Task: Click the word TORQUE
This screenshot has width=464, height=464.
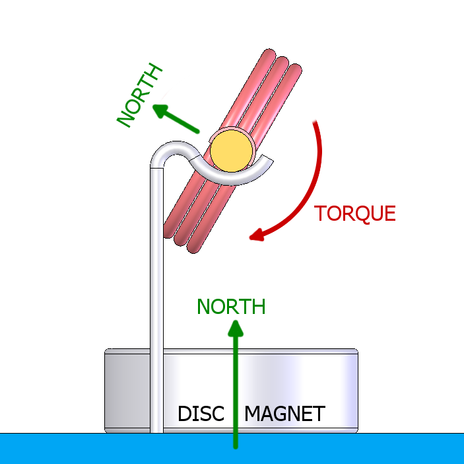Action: click(x=354, y=213)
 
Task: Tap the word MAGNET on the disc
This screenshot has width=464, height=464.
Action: click(x=284, y=414)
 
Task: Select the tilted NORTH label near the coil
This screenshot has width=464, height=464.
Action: click(x=139, y=95)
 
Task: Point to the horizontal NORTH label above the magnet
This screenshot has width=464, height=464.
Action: click(x=231, y=307)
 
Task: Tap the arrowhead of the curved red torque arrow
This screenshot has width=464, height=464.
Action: click(x=258, y=235)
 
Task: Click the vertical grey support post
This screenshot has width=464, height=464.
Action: click(x=156, y=297)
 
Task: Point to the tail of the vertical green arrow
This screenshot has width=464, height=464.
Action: click(x=236, y=445)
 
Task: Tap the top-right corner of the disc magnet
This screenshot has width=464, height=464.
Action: click(x=356, y=350)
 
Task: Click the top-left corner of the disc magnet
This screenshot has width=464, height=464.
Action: click(x=107, y=350)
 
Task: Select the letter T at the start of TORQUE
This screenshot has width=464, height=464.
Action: click(x=320, y=213)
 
